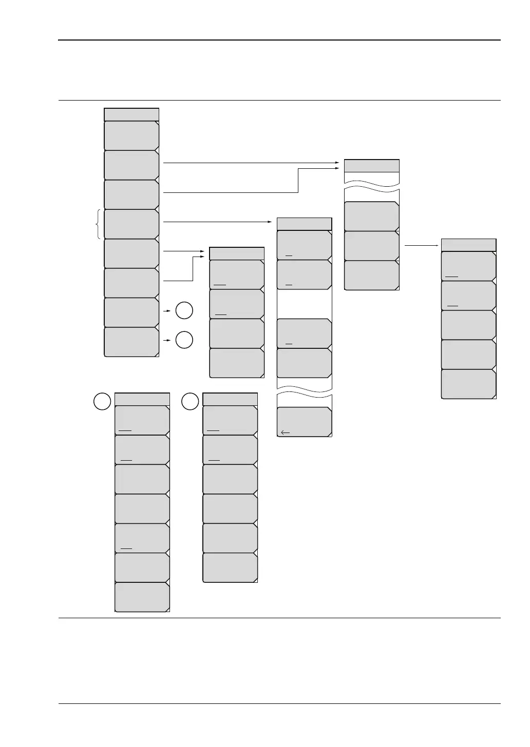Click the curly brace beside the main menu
point(98,224)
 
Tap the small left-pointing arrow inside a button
point(286,433)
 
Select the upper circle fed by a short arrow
point(184,311)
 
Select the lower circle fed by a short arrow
point(184,340)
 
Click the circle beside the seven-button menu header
point(102,401)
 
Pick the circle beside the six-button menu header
point(191,401)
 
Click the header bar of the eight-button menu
point(131,114)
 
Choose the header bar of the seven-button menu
point(142,399)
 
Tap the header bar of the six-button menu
point(230,399)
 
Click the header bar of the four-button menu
point(237,253)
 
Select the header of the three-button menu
point(371,166)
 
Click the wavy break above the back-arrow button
point(304,392)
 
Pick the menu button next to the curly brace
point(131,224)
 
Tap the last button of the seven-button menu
point(142,597)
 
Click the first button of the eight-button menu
point(131,135)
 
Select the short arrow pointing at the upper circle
point(167,311)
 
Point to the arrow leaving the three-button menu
point(422,246)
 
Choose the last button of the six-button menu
point(230,567)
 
